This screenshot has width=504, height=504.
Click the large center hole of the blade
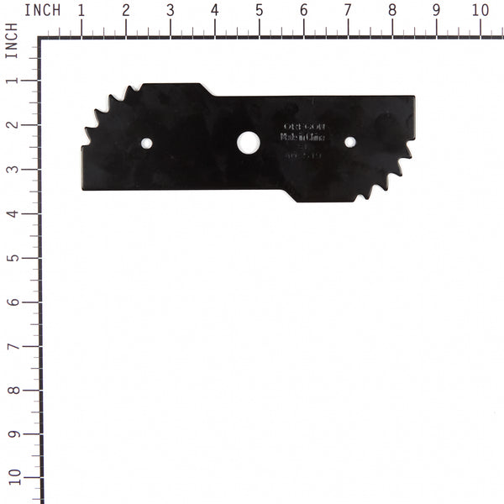[x=248, y=142]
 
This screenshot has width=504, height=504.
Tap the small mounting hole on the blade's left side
[x=146, y=144]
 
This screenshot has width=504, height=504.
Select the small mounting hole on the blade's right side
[x=350, y=142]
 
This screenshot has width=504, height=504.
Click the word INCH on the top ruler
[x=42, y=10]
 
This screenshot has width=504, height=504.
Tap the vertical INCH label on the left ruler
[x=11, y=39]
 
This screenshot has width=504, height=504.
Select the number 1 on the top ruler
[x=81, y=10]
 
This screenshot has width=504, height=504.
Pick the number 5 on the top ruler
[x=259, y=10]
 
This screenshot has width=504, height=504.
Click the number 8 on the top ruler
[x=392, y=10]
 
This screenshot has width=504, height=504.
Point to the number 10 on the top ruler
[x=480, y=10]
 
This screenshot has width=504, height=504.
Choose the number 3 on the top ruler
[x=170, y=10]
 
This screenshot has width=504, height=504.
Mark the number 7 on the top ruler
[x=348, y=10]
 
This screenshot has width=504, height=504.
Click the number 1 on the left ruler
[x=12, y=81]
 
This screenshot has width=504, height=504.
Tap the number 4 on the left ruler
[x=12, y=213]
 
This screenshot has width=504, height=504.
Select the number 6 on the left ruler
[x=12, y=302]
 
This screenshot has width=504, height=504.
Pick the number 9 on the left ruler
[x=12, y=435]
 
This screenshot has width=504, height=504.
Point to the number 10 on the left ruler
[x=12, y=478]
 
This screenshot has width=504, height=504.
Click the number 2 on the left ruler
[x=12, y=125]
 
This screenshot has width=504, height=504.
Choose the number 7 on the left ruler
[x=12, y=346]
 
